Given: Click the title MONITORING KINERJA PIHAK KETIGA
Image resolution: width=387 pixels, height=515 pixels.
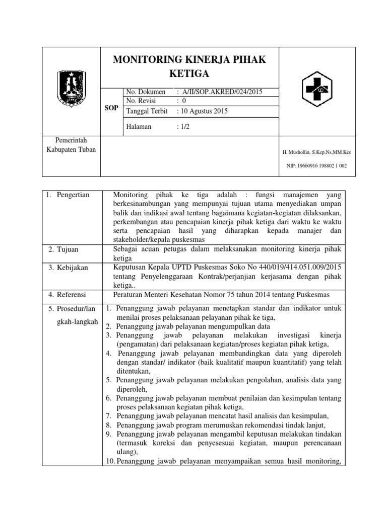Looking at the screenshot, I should coord(189,67).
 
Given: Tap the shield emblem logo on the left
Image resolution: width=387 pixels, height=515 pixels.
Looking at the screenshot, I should coord(71,86).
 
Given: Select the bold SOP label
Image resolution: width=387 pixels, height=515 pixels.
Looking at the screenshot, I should coord(111,108).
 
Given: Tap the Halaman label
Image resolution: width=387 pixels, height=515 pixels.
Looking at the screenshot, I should coord(139,127).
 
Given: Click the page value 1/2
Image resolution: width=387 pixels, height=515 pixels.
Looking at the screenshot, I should coord(182,127).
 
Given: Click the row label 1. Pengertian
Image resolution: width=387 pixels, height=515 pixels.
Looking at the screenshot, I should coord(70,195).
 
